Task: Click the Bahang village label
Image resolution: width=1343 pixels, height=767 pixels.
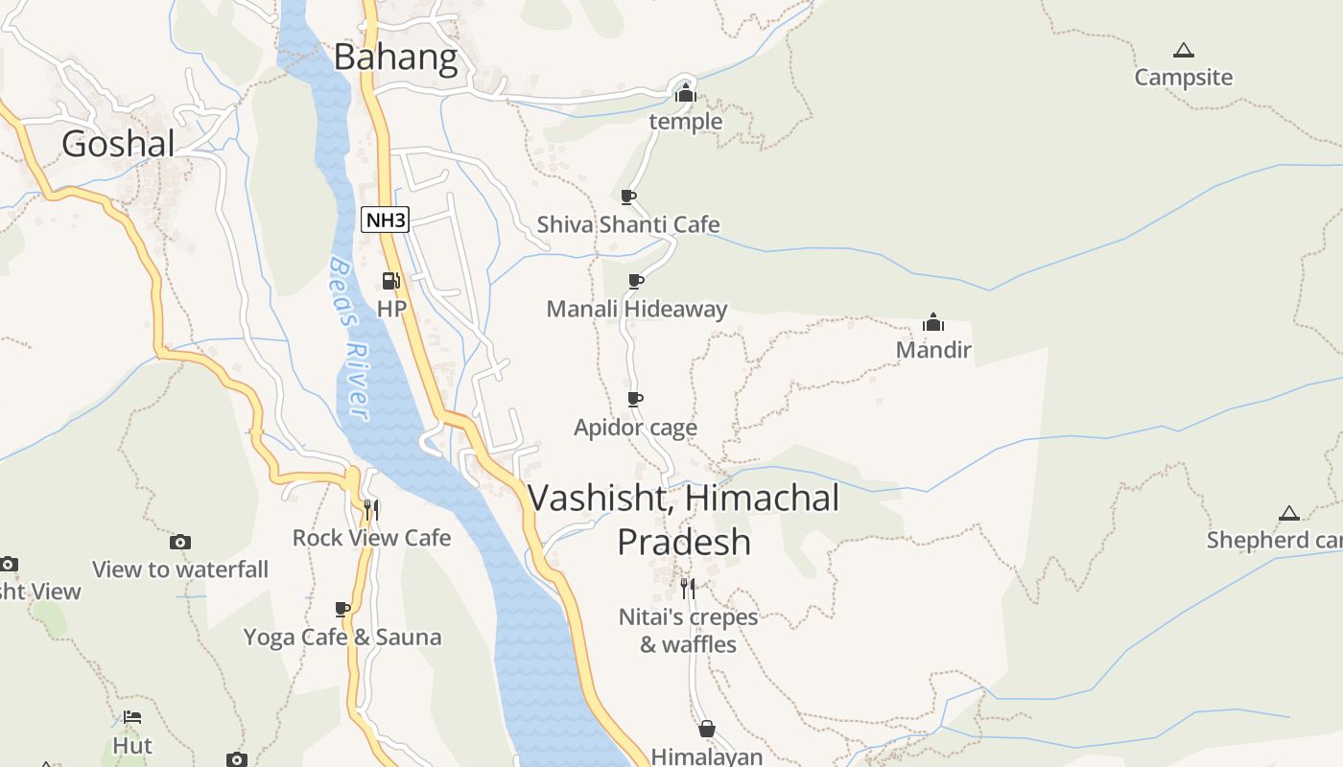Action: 395,58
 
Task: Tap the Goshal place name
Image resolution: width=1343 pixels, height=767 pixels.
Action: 118,144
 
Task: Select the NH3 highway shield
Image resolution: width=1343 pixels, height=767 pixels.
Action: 385,220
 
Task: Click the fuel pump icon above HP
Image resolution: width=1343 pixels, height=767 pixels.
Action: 390,281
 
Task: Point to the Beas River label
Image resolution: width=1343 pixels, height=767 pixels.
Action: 348,337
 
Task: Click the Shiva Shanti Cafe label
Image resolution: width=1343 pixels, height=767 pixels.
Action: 627,224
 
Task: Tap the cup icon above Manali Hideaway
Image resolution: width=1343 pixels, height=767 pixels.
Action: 635,281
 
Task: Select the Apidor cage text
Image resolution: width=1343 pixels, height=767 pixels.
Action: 635,428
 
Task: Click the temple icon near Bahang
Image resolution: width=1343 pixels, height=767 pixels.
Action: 685,94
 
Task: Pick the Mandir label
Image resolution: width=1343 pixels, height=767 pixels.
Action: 933,350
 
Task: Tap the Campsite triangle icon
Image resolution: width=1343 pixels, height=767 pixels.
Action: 1183,50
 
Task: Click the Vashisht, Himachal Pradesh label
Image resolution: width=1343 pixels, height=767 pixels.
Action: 683,520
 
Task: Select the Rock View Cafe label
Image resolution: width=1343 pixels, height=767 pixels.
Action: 371,538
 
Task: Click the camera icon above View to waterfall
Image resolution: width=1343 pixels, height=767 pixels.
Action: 179,543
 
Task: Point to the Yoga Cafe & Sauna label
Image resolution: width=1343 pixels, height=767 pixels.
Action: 342,638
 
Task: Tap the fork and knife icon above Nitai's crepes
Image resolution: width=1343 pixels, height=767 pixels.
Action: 688,588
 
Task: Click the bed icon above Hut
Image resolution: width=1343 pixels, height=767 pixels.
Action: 132,717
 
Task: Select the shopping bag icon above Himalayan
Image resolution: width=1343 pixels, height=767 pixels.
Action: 707,730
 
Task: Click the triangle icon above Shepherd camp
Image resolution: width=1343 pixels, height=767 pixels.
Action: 1288,514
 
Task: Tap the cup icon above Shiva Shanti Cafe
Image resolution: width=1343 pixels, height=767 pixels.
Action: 628,197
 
